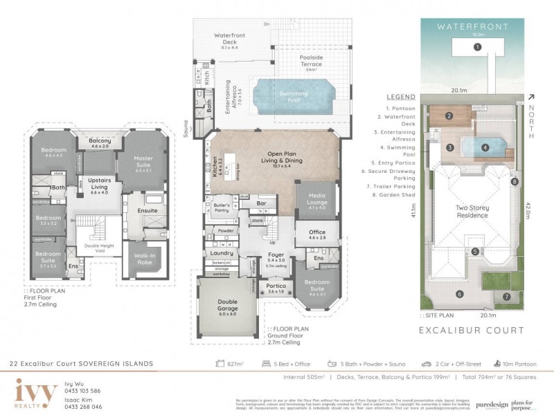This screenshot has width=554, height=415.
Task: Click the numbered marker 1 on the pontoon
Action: coord(477,47)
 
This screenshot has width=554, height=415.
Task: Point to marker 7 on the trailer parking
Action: coord(506,296)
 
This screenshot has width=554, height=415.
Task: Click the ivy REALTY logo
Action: coord(36,393)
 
